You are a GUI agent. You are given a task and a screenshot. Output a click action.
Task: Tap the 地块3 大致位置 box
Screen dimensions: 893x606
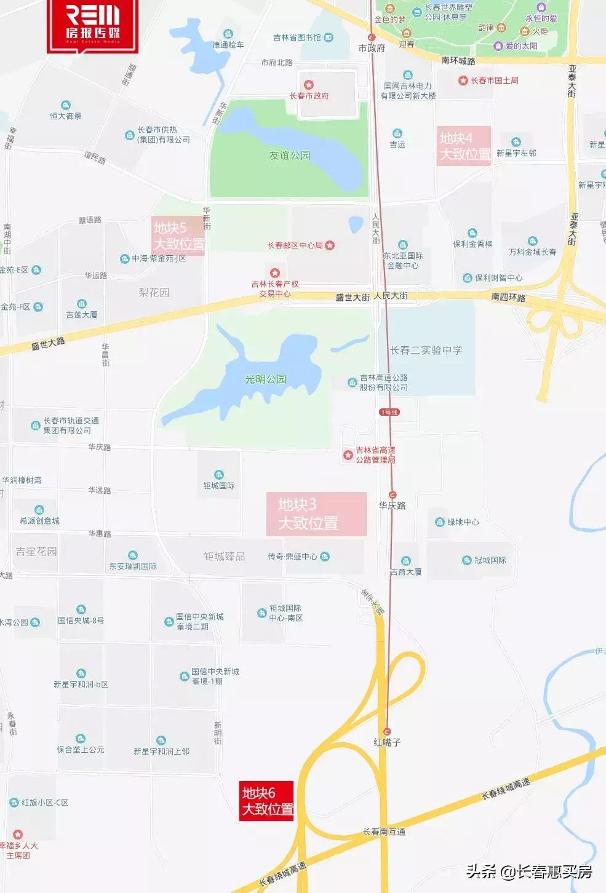(x=316, y=514)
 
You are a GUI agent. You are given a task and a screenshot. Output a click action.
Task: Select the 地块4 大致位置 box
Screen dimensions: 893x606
(x=464, y=146)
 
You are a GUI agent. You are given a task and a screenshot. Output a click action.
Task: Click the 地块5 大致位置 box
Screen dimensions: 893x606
(x=178, y=236)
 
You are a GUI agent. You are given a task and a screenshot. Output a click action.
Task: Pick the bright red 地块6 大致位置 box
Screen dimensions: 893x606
(x=266, y=801)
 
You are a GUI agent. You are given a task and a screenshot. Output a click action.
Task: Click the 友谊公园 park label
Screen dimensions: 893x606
(x=289, y=156)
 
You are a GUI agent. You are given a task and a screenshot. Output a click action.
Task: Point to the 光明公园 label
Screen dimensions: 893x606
(x=266, y=379)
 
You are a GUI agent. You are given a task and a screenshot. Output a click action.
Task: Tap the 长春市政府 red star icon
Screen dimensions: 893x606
(x=309, y=85)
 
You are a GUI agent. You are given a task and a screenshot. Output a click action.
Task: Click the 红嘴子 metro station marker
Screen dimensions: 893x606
(x=387, y=731)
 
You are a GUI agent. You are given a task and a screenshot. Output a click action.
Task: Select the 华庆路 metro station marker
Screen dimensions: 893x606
(x=393, y=495)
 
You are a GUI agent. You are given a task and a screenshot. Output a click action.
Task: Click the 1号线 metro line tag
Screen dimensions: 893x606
(x=389, y=412)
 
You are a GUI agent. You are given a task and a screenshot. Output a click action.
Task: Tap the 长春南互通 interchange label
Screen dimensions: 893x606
(x=384, y=832)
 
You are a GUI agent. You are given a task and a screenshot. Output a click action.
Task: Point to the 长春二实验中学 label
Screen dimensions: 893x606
(x=426, y=350)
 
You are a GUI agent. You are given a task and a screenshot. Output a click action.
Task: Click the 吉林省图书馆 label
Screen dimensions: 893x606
(x=297, y=38)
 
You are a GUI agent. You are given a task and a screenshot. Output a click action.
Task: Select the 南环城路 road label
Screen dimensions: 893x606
(x=458, y=61)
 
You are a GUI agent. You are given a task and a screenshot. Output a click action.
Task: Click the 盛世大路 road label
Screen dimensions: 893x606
(x=48, y=343)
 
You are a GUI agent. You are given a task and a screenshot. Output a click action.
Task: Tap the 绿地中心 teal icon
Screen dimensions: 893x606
(x=440, y=522)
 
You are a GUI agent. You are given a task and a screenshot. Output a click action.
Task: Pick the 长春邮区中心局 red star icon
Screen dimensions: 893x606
(x=330, y=245)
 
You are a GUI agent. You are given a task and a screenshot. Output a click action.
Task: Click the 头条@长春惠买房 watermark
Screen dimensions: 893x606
(x=529, y=871)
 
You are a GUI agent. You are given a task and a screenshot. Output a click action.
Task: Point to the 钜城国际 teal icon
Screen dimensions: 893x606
(x=219, y=475)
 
